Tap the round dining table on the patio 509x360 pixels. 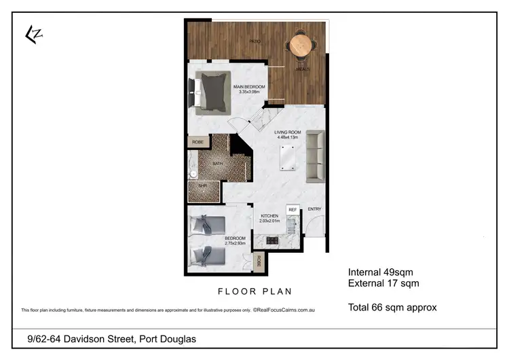click(300, 46)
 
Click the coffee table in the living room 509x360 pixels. click(287, 157)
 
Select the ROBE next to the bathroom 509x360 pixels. click(197, 142)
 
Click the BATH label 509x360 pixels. click(218, 164)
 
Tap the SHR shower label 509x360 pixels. click(202, 185)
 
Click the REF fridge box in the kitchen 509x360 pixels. click(293, 210)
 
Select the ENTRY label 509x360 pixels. click(314, 209)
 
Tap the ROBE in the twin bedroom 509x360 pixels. click(259, 261)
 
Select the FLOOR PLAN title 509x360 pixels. click(254, 291)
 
